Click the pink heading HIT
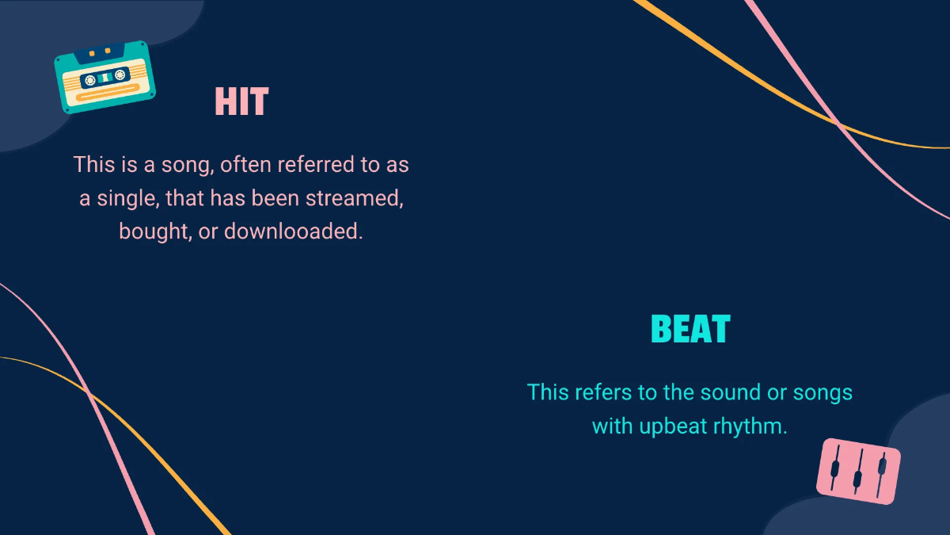241,102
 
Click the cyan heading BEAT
690,329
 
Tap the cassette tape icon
104,77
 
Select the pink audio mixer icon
858,471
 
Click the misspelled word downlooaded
293,231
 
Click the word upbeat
670,426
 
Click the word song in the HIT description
183,165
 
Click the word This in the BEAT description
548,392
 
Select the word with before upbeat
612,426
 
